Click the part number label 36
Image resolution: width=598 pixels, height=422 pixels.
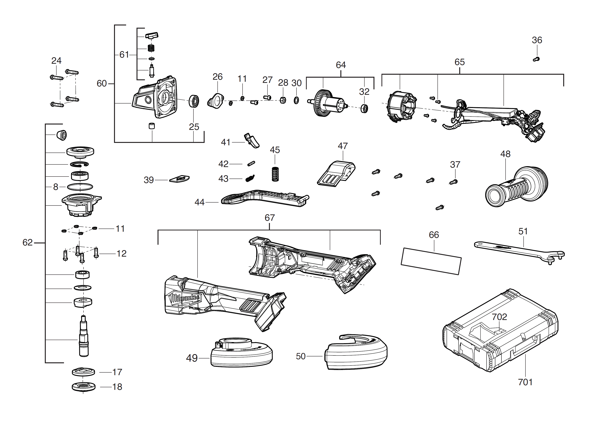tap(537, 40)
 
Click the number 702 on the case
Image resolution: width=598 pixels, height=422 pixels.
tap(499, 317)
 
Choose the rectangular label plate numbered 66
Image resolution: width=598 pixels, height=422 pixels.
tap(431, 261)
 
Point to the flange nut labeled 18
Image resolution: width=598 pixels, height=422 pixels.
tap(83, 387)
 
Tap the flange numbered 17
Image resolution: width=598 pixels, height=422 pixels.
tap(83, 372)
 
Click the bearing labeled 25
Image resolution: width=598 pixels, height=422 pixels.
tap(194, 101)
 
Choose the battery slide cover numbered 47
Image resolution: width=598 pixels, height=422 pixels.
tap(336, 174)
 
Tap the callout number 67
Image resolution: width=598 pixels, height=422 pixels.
tap(270, 218)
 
